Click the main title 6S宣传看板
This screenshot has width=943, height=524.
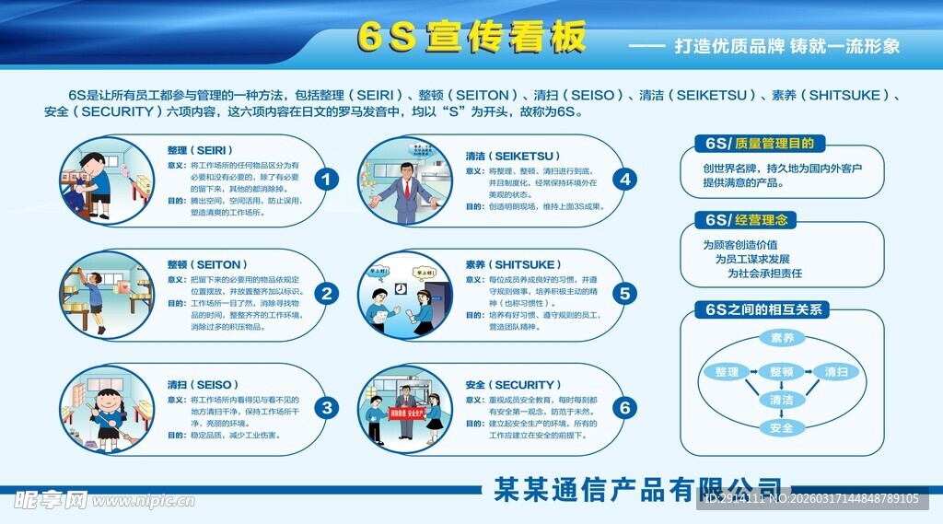pyautogui.click(x=471, y=38)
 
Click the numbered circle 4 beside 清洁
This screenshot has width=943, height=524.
pyautogui.click(x=625, y=180)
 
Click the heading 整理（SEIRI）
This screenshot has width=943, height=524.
pyautogui.click(x=200, y=150)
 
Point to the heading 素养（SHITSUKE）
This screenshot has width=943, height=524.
pyautogui.click(x=511, y=264)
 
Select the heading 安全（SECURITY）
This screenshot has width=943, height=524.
pyautogui.click(x=512, y=385)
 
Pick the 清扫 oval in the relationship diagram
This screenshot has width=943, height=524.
pyautogui.click(x=836, y=372)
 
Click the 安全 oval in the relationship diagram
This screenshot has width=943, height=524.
pyautogui.click(x=781, y=427)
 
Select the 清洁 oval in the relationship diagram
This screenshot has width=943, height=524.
pyautogui.click(x=781, y=400)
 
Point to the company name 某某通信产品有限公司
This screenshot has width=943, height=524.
pyautogui.click(x=637, y=488)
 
